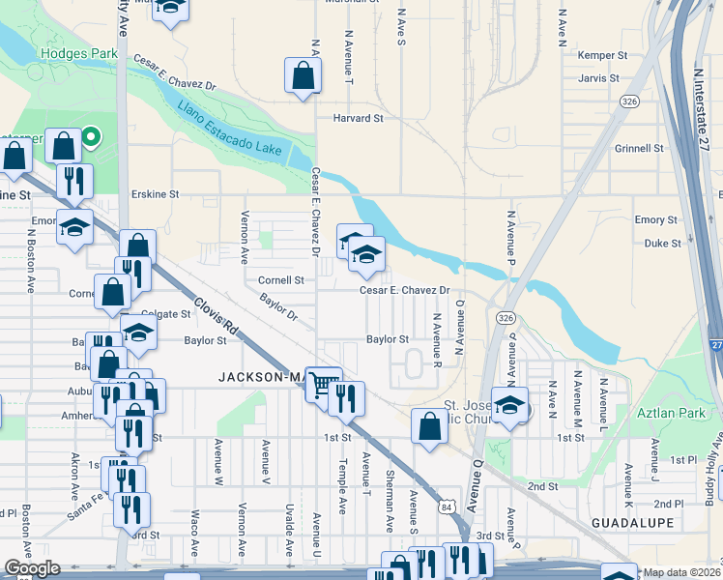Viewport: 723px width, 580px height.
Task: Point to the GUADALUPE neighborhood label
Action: [633, 522]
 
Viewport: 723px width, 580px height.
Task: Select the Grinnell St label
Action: [639, 149]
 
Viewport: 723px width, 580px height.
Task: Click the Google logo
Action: [32, 568]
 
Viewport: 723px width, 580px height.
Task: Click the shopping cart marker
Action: [323, 384]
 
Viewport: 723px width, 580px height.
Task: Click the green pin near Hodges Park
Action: [91, 137]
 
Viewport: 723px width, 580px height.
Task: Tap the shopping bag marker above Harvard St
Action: [304, 75]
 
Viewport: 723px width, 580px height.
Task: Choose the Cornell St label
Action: [280, 280]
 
